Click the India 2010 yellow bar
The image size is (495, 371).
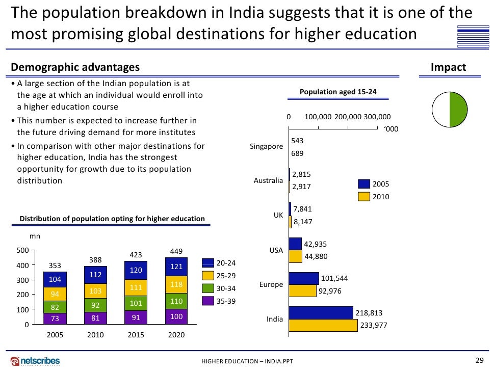point(323,325)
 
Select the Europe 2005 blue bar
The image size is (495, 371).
point(304,278)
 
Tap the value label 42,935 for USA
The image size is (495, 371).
point(315,244)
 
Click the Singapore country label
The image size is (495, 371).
point(266,147)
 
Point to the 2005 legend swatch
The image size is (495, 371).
point(363,184)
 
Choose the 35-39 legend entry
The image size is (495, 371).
point(225,301)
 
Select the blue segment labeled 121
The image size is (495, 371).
point(177,267)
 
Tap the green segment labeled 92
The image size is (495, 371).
point(95,305)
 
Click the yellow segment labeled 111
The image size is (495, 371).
point(136,287)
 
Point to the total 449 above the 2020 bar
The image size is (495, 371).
point(176,251)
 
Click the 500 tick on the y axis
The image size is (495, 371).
point(22,250)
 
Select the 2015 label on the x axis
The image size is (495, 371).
point(136,335)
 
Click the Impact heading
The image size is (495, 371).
point(448,67)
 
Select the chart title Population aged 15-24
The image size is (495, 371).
point(338,92)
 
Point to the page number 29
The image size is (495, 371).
point(479,360)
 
